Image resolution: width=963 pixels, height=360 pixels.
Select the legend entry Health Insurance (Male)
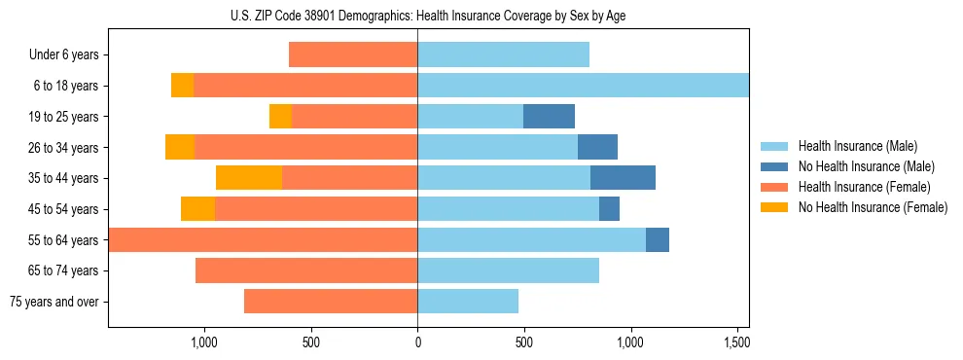pyautogui.click(x=856, y=146)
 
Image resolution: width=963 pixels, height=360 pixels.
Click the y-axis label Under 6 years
pyautogui.click(x=63, y=55)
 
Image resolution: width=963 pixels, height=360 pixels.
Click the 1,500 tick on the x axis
pyautogui.click(x=737, y=343)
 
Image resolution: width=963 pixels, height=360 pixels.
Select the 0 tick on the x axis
pyautogui.click(x=417, y=343)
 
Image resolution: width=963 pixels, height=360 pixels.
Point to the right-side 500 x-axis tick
pyautogui.click(x=524, y=343)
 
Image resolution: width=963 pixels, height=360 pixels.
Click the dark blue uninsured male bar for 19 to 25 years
pyautogui.click(x=549, y=117)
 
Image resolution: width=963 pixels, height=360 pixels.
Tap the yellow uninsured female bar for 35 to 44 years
pyautogui.click(x=249, y=178)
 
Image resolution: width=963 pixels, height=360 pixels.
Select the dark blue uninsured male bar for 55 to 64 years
pyautogui.click(x=658, y=240)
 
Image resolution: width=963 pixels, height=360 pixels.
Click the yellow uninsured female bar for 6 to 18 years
pyautogui.click(x=182, y=86)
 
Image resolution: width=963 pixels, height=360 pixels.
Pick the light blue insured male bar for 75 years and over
pyautogui.click(x=468, y=302)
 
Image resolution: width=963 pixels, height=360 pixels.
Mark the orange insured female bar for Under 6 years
pyautogui.click(x=353, y=55)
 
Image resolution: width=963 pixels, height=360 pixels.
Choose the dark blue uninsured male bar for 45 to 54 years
pyautogui.click(x=609, y=209)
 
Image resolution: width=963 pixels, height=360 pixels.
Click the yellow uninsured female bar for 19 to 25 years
pyautogui.click(x=280, y=117)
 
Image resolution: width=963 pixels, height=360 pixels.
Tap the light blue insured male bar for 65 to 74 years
pyautogui.click(x=508, y=270)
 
